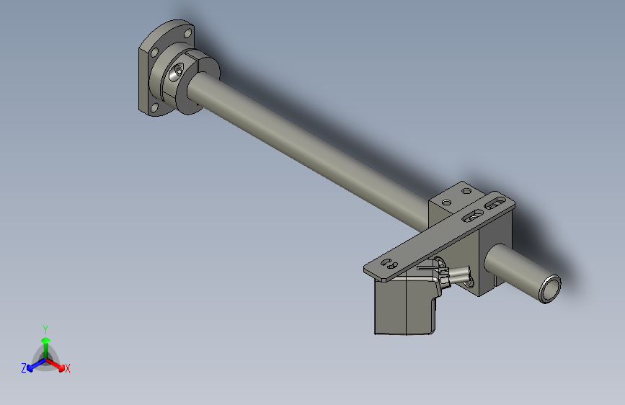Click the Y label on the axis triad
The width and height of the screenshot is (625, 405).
click(x=45, y=330)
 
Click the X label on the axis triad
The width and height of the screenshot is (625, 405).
click(x=67, y=368)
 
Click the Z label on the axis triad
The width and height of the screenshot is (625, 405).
click(x=24, y=368)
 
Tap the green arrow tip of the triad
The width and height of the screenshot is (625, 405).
click(x=46, y=341)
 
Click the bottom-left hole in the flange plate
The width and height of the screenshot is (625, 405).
click(x=154, y=107)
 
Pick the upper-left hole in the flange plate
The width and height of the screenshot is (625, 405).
click(x=155, y=52)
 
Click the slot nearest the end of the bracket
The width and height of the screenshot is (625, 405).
click(x=495, y=204)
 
